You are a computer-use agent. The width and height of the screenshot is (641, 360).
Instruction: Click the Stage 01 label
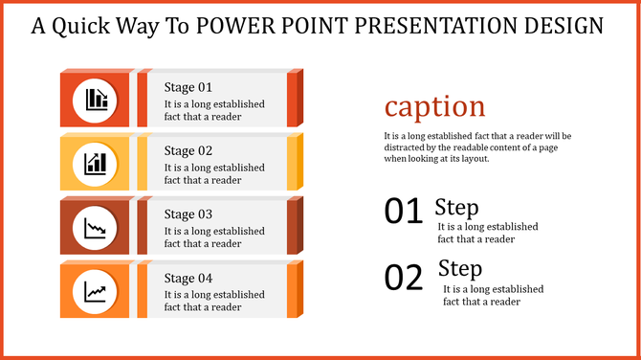[188, 86]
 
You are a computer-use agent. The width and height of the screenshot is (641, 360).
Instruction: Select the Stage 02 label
[188, 150]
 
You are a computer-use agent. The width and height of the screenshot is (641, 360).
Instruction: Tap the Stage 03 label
[188, 214]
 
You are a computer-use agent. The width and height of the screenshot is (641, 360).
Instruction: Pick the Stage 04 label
[188, 279]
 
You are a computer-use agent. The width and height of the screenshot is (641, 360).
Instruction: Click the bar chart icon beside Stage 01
[96, 98]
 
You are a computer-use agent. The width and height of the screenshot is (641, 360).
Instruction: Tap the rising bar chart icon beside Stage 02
[96, 162]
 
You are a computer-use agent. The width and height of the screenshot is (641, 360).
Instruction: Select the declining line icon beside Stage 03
[96, 227]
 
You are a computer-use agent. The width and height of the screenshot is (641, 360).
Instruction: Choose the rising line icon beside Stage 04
[96, 290]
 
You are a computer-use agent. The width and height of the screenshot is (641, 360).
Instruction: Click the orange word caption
[434, 105]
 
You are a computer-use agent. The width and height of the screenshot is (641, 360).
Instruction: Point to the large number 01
[403, 212]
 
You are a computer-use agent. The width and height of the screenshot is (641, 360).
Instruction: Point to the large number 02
[403, 278]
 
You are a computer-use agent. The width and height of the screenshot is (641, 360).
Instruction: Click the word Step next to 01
[456, 207]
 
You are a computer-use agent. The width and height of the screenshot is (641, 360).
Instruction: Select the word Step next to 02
[460, 268]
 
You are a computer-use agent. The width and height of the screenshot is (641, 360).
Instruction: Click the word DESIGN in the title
[565, 26]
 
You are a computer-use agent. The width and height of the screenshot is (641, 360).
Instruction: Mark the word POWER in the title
[232, 26]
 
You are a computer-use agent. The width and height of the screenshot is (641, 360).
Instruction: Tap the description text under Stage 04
[214, 301]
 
